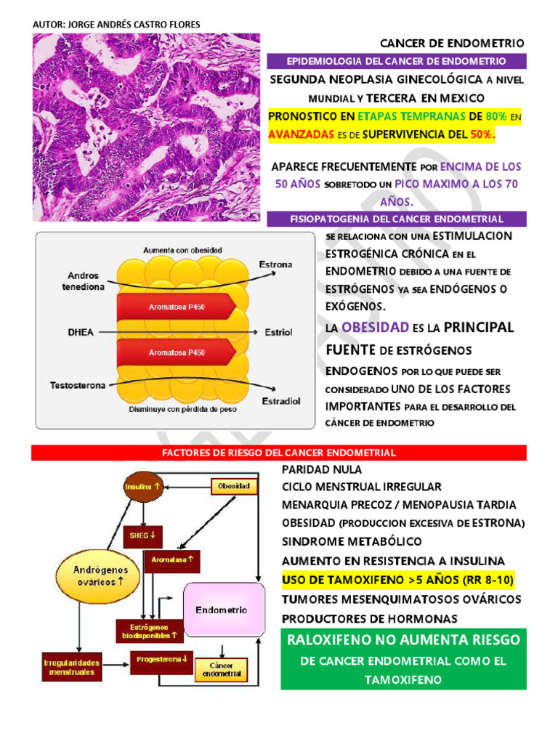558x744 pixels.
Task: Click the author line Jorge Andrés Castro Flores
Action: [x=116, y=25]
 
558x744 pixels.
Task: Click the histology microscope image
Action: [x=146, y=127]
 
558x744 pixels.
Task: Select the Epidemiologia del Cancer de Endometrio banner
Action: [x=396, y=61]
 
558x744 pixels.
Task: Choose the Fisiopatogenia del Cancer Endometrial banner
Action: [x=396, y=218]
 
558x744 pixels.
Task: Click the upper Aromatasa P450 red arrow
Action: [x=177, y=307]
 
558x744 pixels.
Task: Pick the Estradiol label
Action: [x=280, y=400]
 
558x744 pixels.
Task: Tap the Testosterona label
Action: [x=77, y=384]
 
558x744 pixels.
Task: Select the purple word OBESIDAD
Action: [x=376, y=328]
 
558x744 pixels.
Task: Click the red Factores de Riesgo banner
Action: [x=279, y=453]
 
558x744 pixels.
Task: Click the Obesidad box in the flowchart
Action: [x=234, y=485]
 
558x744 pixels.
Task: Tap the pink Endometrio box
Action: [x=221, y=610]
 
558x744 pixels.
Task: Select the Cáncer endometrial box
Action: [x=221, y=669]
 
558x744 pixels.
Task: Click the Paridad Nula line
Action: [x=322, y=469]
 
